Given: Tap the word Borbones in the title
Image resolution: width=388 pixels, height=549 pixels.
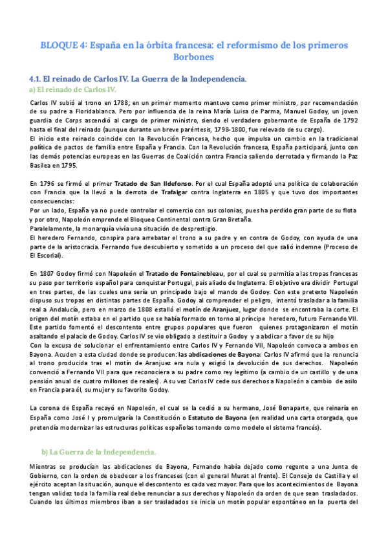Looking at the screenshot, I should [x=195, y=57].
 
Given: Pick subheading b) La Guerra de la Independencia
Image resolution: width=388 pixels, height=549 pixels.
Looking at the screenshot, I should [x=98, y=451].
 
